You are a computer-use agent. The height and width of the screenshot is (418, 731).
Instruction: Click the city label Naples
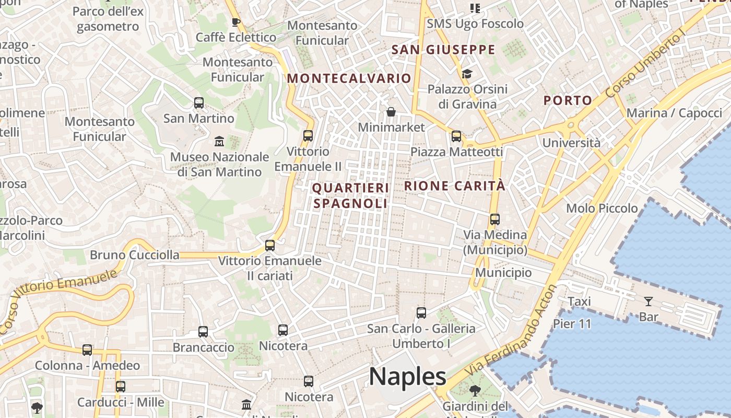pos(407,376)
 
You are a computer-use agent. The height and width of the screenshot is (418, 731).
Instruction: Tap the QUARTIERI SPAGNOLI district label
pos(350,195)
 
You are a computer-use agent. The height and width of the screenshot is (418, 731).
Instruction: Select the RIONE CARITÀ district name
pos(454,185)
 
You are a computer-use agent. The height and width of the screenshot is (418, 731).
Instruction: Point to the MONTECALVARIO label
pos(349,78)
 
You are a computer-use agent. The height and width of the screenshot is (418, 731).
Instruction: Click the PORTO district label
pos(568,100)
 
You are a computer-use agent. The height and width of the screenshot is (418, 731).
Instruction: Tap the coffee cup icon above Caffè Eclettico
pos(235,22)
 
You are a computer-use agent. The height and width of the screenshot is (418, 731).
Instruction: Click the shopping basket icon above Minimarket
pos(391,112)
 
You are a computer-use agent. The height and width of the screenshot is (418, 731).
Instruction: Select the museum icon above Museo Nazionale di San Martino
pos(219,142)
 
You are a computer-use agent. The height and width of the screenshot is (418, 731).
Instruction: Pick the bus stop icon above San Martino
pos(199,103)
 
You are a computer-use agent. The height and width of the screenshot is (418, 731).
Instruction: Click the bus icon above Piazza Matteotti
pos(456,136)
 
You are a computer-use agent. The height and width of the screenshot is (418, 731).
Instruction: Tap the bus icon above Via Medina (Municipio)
pos(495,219)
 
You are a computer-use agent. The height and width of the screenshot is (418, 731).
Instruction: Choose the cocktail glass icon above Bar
pos(649,301)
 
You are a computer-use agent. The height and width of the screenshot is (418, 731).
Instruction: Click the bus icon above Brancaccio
pos(203,332)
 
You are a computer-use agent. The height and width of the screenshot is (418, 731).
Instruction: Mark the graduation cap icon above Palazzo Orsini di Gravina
pos(467,74)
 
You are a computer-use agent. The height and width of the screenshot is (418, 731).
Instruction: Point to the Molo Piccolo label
pos(602,208)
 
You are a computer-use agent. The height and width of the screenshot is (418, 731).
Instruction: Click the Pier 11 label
pos(572,324)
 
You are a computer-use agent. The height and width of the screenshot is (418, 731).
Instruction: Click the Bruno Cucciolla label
pos(134,255)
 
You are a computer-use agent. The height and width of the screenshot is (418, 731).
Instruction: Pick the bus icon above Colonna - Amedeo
pos(87,350)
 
